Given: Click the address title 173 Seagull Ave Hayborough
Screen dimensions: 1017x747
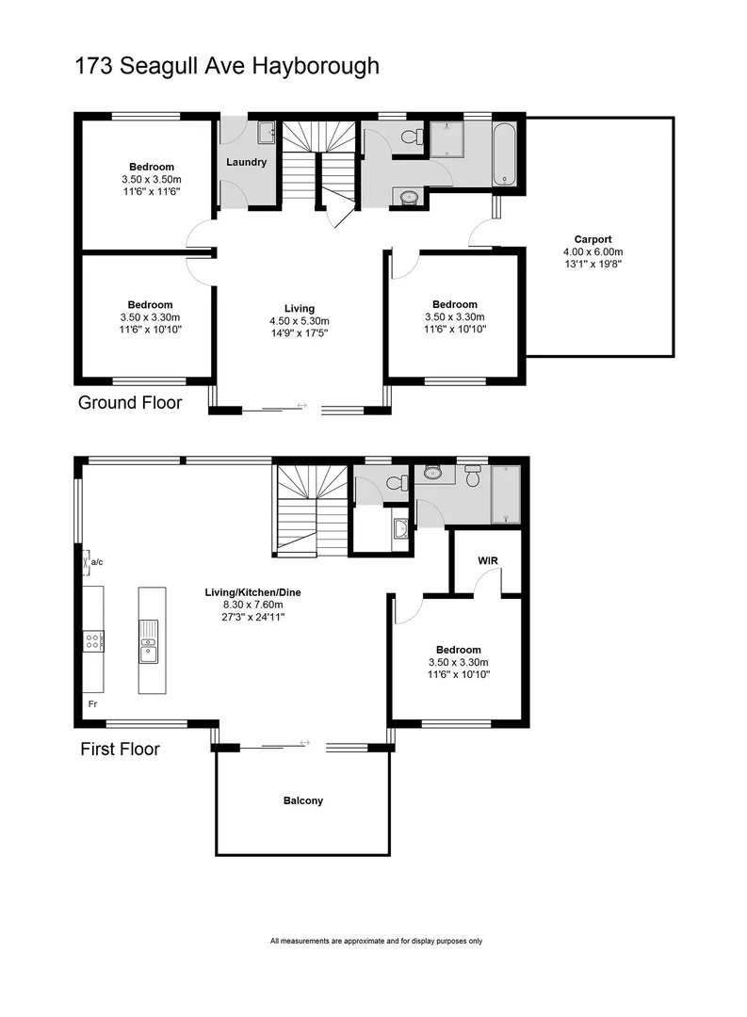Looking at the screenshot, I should [x=226, y=67].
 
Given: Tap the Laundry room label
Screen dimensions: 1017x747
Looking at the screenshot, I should [x=246, y=162].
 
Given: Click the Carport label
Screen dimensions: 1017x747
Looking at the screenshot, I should [x=593, y=239].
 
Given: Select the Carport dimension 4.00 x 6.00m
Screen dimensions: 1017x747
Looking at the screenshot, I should [x=593, y=251].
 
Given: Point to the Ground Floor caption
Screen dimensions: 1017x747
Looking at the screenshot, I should [x=129, y=403].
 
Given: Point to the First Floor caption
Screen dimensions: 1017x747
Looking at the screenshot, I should [x=119, y=750].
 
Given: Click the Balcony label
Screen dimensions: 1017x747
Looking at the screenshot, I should [x=302, y=801].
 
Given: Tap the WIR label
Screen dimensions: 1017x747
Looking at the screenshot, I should [x=488, y=560].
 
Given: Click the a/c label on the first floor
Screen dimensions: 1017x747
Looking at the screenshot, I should [x=97, y=562].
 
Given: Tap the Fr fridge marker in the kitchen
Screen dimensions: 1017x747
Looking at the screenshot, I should [x=92, y=703].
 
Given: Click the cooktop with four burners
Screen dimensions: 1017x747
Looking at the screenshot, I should [x=94, y=641].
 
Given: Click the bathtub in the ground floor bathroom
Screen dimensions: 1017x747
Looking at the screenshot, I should [x=505, y=153].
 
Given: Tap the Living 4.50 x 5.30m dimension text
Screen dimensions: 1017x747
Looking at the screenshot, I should [x=299, y=320].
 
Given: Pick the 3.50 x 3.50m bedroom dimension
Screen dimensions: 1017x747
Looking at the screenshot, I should [x=151, y=179].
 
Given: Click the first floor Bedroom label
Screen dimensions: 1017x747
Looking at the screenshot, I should [x=458, y=650].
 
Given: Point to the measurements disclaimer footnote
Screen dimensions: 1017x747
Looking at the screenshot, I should [x=376, y=941].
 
